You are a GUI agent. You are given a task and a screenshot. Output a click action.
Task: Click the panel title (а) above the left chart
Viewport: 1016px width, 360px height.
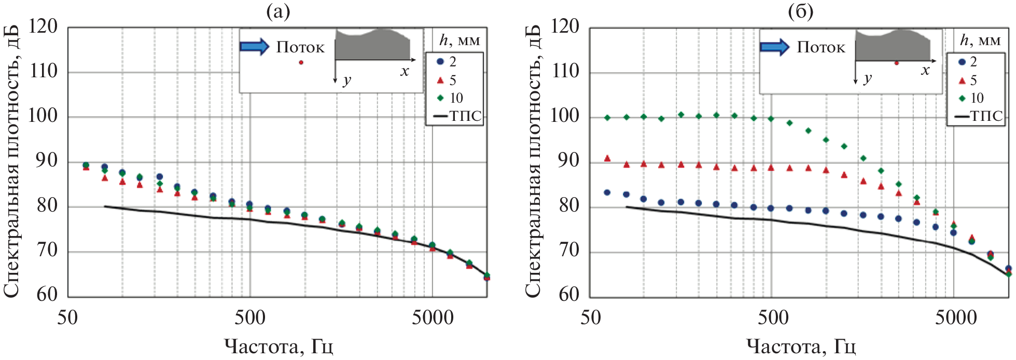click(x=278, y=11)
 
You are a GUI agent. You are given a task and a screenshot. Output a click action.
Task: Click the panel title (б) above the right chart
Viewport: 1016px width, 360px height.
click(x=800, y=11)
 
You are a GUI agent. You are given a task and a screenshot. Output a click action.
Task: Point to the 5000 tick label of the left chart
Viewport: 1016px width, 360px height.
click(x=433, y=317)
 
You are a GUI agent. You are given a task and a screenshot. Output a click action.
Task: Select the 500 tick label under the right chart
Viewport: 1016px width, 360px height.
click(x=773, y=317)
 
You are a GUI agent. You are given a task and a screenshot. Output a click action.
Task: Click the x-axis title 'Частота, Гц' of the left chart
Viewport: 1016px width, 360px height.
click(x=279, y=346)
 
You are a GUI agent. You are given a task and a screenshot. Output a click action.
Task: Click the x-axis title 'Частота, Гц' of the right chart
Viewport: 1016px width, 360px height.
click(x=801, y=346)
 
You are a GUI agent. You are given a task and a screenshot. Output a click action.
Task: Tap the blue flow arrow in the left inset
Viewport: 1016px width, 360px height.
click(x=254, y=47)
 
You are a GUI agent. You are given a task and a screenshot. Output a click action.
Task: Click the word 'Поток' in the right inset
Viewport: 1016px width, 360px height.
click(x=821, y=48)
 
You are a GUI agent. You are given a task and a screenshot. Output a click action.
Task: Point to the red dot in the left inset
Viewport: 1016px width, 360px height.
click(x=301, y=63)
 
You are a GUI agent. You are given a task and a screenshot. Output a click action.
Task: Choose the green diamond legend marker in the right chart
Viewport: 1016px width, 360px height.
click(x=962, y=99)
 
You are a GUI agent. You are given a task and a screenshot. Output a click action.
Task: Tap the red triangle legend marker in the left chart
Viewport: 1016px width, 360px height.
click(x=440, y=80)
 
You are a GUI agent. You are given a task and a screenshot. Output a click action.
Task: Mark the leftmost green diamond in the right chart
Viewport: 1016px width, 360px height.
click(x=607, y=118)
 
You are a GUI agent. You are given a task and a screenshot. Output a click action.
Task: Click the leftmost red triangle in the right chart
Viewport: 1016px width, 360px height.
click(x=607, y=158)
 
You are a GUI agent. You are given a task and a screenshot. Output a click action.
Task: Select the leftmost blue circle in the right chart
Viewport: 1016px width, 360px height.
click(x=607, y=192)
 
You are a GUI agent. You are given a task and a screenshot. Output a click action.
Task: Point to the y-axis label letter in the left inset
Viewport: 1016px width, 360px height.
click(x=347, y=80)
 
